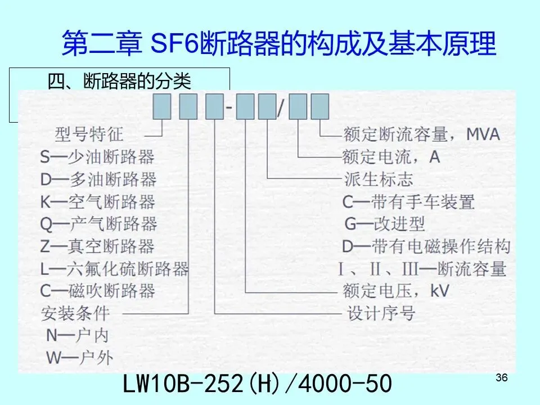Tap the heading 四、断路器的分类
120,82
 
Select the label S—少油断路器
97,156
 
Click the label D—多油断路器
98,179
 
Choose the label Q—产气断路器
98,224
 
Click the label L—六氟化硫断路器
114,268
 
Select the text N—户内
77,336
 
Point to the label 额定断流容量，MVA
421,134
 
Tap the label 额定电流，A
391,156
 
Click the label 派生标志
378,179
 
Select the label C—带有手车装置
409,201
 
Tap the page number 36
502,377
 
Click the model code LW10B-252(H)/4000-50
256,385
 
